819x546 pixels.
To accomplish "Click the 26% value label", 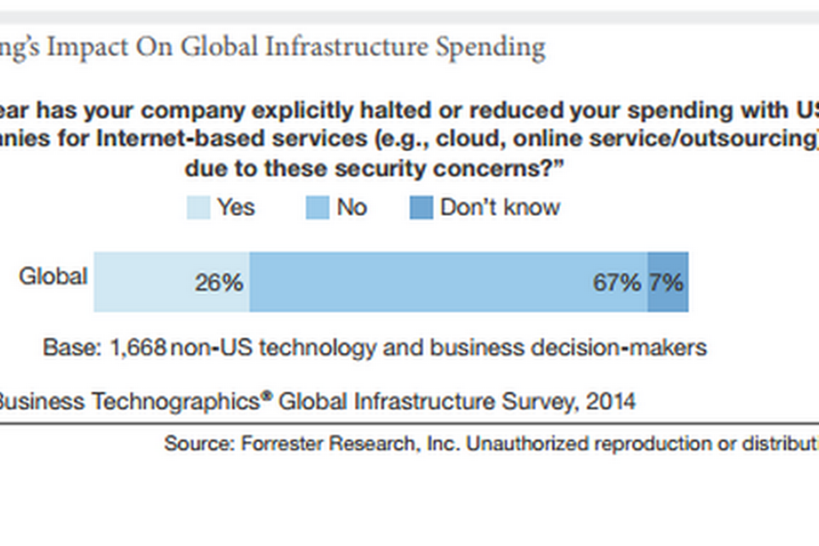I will click(219, 282).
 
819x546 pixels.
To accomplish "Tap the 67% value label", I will click(617, 282).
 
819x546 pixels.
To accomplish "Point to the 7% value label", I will click(666, 282).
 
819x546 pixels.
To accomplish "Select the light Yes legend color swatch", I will click(198, 208).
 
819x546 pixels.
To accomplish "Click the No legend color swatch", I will click(317, 208).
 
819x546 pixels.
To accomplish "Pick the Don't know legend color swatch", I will click(421, 208).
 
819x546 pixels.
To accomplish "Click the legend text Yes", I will click(236, 208).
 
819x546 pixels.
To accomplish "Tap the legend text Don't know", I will click(500, 208).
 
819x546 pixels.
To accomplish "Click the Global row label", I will click(53, 276).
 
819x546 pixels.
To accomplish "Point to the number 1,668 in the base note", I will click(138, 347).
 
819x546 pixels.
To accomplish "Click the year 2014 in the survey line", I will click(611, 401).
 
